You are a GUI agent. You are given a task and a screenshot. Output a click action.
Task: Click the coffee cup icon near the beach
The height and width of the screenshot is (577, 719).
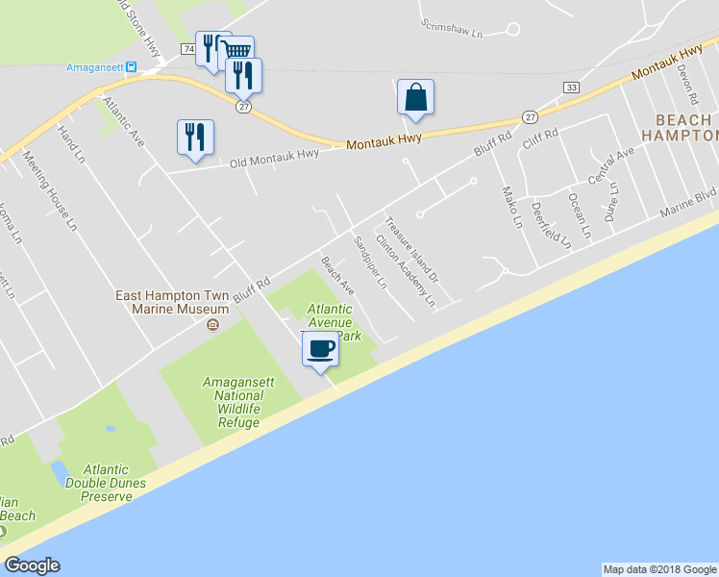pyautogui.click(x=321, y=348)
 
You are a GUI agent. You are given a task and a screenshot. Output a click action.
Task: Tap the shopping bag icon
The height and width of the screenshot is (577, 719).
pyautogui.click(x=415, y=97)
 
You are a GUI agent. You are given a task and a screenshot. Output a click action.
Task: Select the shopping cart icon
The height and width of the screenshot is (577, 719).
pyautogui.click(x=239, y=49)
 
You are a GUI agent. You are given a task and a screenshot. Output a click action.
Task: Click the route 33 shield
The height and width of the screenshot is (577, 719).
pyautogui.click(x=572, y=88)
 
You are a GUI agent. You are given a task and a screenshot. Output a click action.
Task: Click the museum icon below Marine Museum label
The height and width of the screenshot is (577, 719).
pyautogui.click(x=213, y=324)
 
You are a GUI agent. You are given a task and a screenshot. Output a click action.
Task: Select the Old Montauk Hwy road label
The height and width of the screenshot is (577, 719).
pyautogui.click(x=274, y=158)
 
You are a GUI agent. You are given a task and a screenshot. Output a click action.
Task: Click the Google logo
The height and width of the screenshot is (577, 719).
pyautogui.click(x=32, y=565)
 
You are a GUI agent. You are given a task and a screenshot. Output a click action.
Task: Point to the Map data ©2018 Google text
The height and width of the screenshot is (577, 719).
pyautogui.click(x=658, y=569)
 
